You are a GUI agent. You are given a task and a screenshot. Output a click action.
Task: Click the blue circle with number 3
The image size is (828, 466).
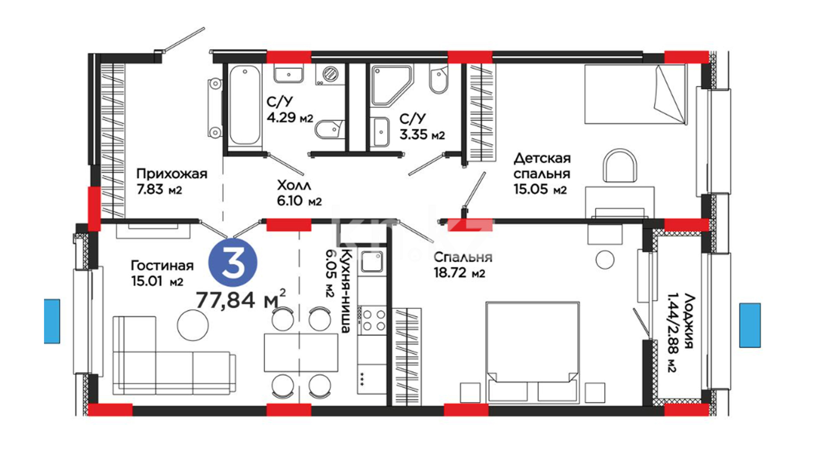(x=233, y=264)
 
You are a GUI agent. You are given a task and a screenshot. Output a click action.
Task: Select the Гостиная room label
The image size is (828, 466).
(x=162, y=265)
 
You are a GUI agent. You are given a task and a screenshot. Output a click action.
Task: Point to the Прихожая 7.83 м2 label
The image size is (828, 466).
(x=172, y=182)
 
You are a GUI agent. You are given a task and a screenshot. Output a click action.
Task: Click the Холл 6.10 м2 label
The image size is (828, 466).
(x=299, y=193)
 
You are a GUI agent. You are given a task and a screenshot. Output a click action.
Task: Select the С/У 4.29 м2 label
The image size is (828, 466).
(x=290, y=110)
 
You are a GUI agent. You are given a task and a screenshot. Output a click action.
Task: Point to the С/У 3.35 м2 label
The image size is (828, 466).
(x=422, y=127)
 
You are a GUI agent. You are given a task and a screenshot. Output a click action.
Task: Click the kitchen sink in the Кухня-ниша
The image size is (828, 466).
(x=372, y=261)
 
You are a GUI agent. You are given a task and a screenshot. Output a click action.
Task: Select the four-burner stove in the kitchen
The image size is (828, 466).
(x=373, y=320)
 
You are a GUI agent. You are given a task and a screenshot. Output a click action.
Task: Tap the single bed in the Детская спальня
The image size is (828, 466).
(x=636, y=94)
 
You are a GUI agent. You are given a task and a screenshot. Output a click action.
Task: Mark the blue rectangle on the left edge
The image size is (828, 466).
(x=52, y=321)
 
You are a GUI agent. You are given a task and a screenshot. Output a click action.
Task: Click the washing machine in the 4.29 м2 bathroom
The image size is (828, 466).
(x=329, y=75)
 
